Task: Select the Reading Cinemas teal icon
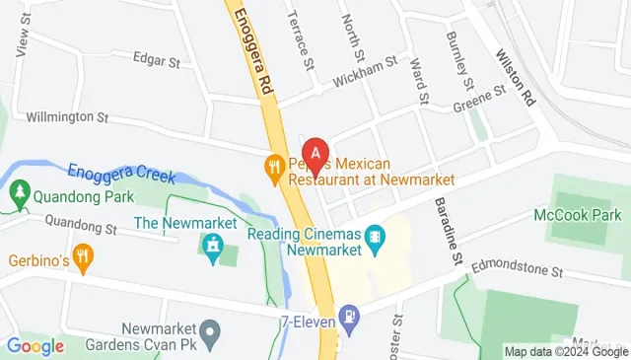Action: click(374, 237)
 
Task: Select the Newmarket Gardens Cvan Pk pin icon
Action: click(207, 329)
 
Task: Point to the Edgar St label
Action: click(159, 61)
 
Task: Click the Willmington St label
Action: click(67, 116)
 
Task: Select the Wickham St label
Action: click(364, 62)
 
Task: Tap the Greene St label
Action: click(479, 98)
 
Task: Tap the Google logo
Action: click(35, 345)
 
